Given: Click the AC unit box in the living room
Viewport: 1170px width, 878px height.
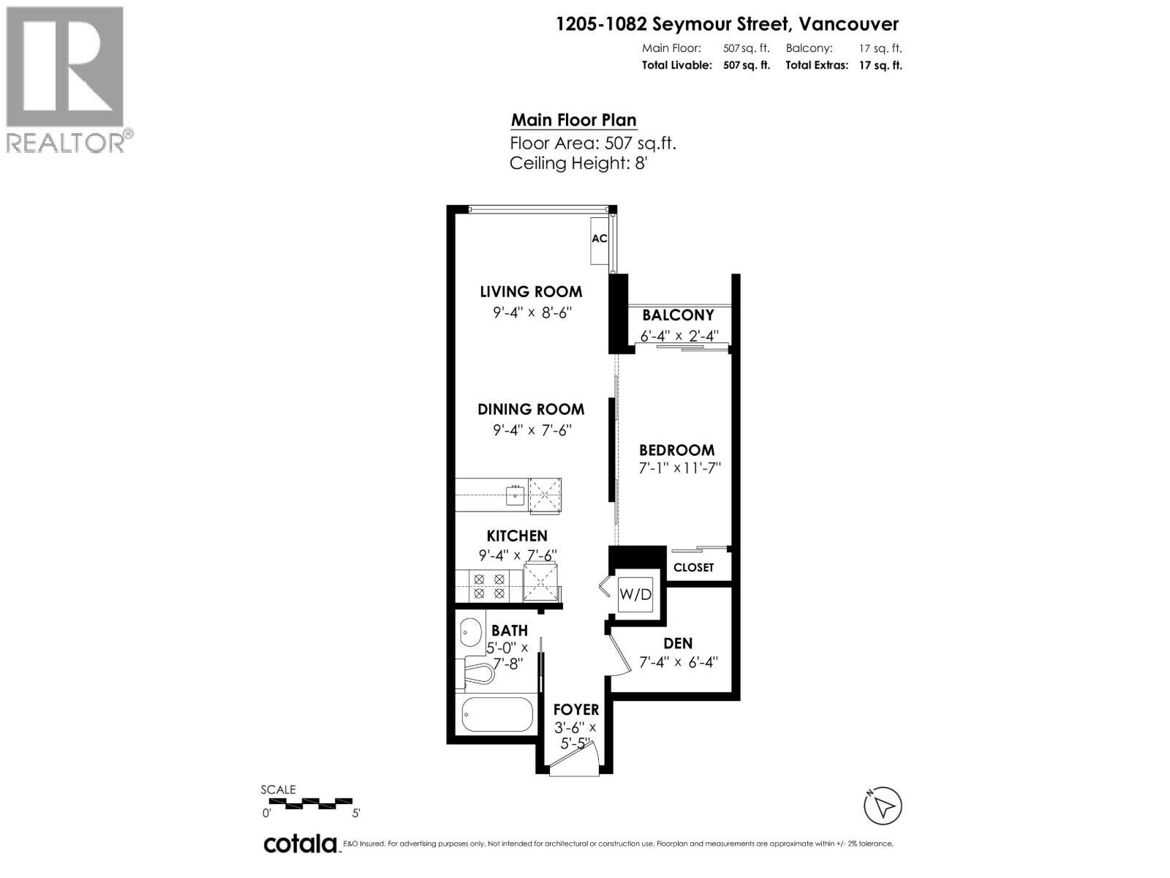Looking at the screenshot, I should (600, 239).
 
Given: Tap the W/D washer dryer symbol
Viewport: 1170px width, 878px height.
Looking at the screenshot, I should (635, 594).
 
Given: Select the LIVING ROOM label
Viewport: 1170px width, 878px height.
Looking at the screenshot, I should (531, 291).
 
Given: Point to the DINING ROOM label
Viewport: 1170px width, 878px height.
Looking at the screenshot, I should (531, 409).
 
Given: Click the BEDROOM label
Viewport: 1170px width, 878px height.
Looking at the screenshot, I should (676, 450).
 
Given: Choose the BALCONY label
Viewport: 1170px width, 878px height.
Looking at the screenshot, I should (678, 315).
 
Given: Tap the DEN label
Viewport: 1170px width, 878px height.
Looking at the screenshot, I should (678, 644).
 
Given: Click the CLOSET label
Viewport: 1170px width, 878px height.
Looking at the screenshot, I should (693, 567).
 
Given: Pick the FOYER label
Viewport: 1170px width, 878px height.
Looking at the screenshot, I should (576, 709).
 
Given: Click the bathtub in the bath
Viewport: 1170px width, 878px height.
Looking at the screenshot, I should (497, 714).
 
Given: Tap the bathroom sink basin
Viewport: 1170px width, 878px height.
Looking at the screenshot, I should (470, 630).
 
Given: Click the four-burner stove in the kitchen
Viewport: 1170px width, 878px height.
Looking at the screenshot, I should (489, 586).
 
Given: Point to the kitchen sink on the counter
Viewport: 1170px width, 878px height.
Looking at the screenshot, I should (516, 495).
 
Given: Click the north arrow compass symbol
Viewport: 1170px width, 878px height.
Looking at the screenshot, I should (883, 806).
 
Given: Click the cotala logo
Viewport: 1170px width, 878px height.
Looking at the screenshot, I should (300, 844).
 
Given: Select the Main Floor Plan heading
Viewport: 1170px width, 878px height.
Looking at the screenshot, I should (573, 120).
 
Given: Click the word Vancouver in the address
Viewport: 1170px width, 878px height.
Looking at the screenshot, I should (848, 24).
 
